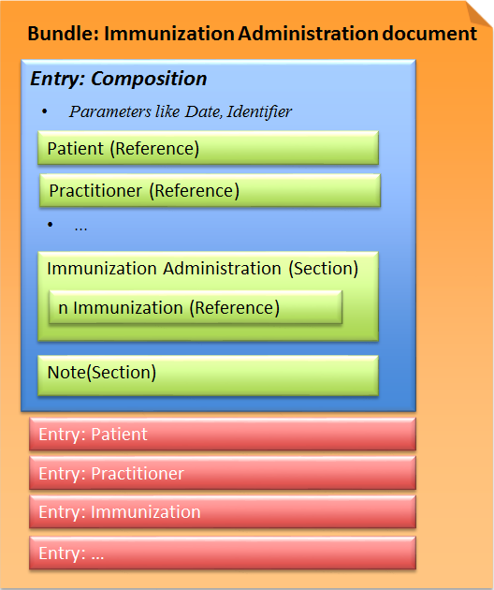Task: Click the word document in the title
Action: [429, 34]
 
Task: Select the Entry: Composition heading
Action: [119, 79]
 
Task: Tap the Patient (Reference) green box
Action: [208, 148]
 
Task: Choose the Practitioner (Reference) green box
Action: [210, 191]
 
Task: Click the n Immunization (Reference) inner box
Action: [195, 307]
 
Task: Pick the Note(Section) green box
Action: [208, 373]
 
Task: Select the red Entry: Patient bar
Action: [222, 435]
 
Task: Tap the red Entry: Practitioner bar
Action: [222, 474]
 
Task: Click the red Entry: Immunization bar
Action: [222, 512]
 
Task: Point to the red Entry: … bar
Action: [222, 553]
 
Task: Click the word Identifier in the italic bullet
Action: [257, 111]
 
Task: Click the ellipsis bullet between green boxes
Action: [80, 227]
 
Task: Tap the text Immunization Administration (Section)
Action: [202, 268]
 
